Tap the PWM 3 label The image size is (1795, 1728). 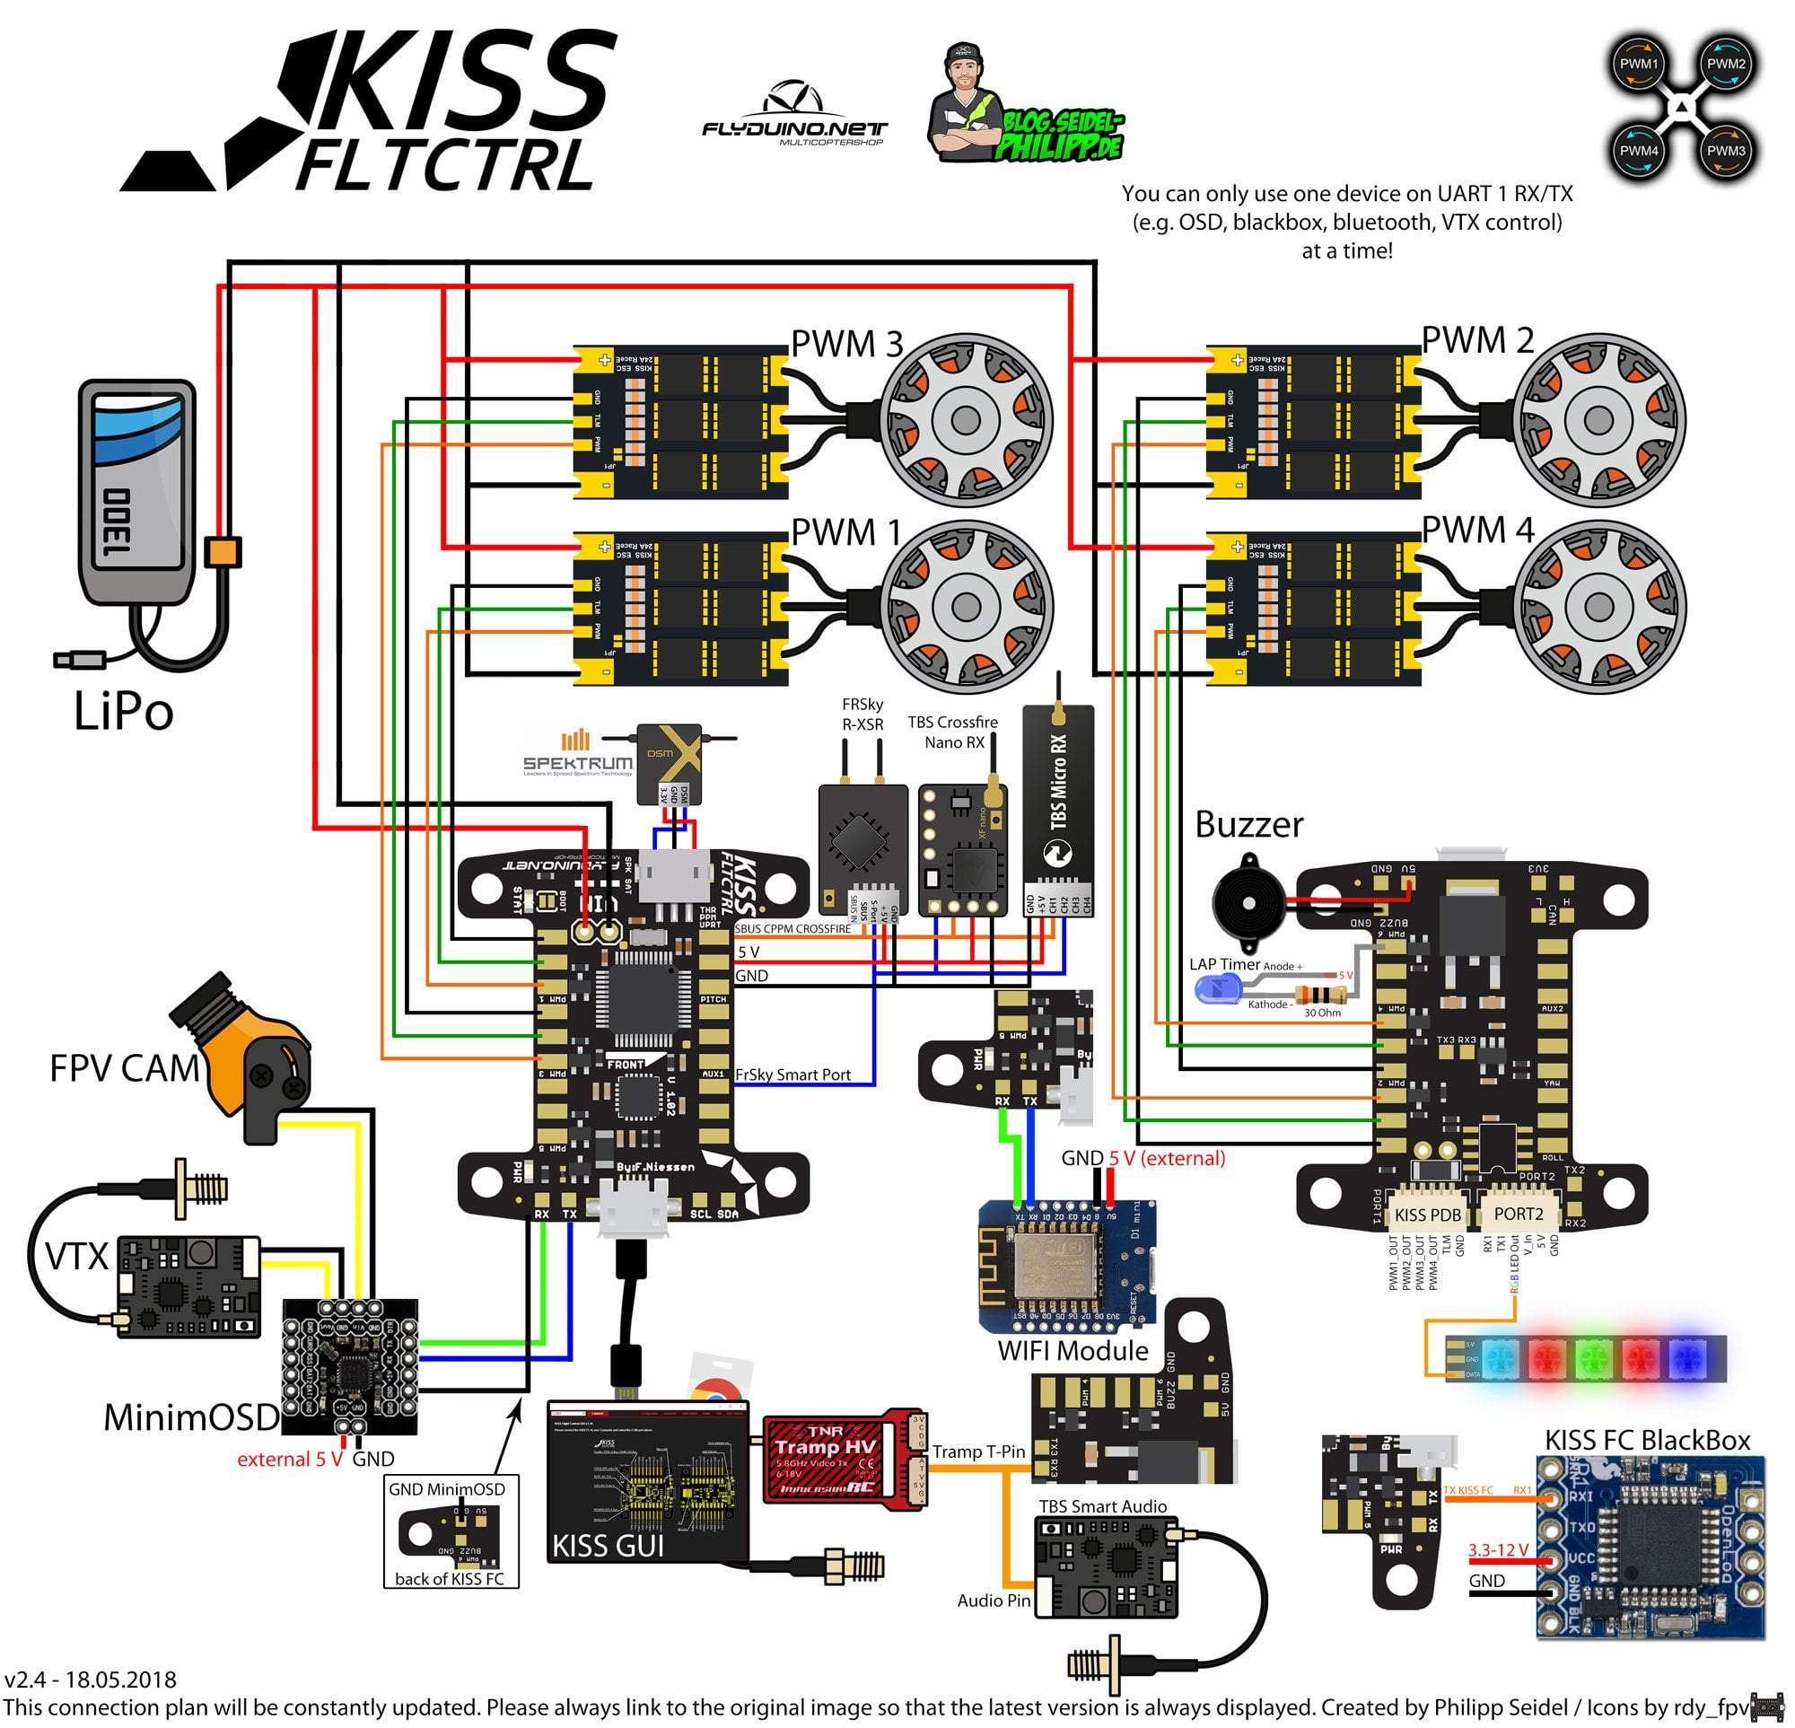(x=847, y=345)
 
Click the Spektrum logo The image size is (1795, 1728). (x=578, y=756)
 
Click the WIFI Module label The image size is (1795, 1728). (x=1073, y=1351)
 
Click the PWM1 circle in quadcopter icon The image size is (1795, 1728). (x=1639, y=64)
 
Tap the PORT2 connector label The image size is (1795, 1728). (x=1519, y=1215)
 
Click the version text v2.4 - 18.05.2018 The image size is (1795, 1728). (x=91, y=1680)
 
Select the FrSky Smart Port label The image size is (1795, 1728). (x=793, y=1075)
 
